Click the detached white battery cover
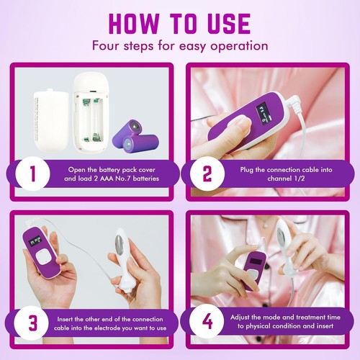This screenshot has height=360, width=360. click(50, 115)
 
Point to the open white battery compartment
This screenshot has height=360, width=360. click(92, 115)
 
